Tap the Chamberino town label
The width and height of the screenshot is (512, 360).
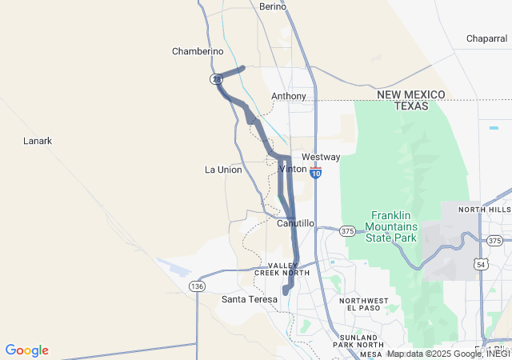pos(198,51)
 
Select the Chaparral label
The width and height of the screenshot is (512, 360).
pos(487,38)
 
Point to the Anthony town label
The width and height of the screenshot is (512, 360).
pos(289,96)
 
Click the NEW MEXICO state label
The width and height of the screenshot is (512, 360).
pos(411,94)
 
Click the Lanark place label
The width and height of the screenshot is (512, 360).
pos(38,141)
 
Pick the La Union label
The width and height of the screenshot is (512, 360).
pos(223,170)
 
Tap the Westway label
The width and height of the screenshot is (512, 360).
pos(321,157)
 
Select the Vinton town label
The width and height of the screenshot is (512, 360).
pos(292,170)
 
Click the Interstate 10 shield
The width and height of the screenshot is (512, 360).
pos(316,172)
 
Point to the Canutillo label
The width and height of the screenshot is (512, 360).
pos(295,223)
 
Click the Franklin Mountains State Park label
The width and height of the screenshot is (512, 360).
pos(392,226)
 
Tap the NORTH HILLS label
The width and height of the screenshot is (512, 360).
pos(484,210)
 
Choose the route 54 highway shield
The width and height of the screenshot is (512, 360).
pos(481,264)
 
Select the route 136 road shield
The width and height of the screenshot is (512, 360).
pos(196,286)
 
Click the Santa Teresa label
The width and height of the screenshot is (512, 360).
pos(248,299)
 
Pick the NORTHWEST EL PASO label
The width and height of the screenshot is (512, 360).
pos(364,305)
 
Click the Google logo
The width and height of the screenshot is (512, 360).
pos(26,350)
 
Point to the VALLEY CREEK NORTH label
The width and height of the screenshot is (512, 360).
pos(282,269)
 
